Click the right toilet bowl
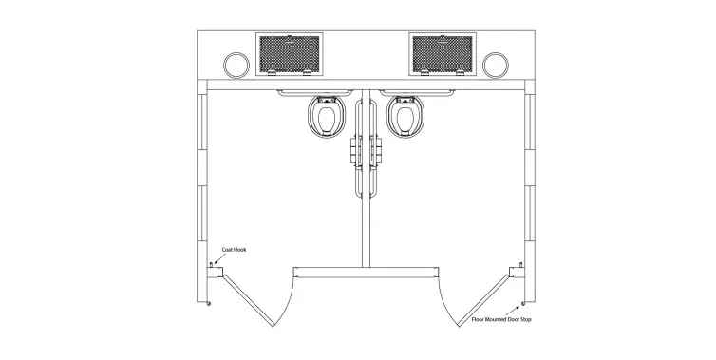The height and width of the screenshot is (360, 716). tap(405, 119)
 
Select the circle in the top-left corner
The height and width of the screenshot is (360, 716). tap(234, 64)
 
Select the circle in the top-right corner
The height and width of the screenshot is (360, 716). tap(495, 64)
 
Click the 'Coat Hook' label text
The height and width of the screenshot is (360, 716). tap(235, 250)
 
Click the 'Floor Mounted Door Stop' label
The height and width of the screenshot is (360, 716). tap(501, 320)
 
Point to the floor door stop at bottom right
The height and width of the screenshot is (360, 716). tap(520, 305)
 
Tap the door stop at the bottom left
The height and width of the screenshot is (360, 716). tap(210, 305)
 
